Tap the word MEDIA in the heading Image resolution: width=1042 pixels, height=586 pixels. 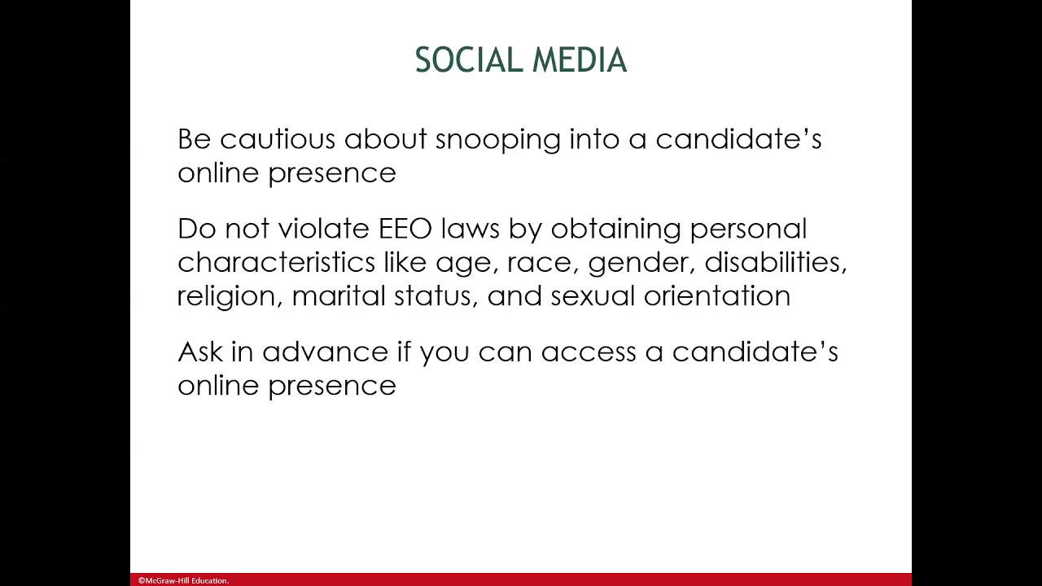click(579, 61)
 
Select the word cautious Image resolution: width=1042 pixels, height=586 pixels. click(278, 139)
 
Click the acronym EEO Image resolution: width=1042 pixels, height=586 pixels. click(405, 229)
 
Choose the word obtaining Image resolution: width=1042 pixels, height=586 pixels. click(615, 230)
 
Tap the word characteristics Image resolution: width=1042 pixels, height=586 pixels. click(276, 262)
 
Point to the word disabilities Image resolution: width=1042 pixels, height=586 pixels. click(775, 262)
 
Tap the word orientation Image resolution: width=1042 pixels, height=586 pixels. click(716, 295)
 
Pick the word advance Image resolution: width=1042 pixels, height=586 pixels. click(325, 352)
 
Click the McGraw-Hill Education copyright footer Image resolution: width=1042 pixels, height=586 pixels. click(183, 580)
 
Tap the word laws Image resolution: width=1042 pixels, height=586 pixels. click(470, 229)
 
